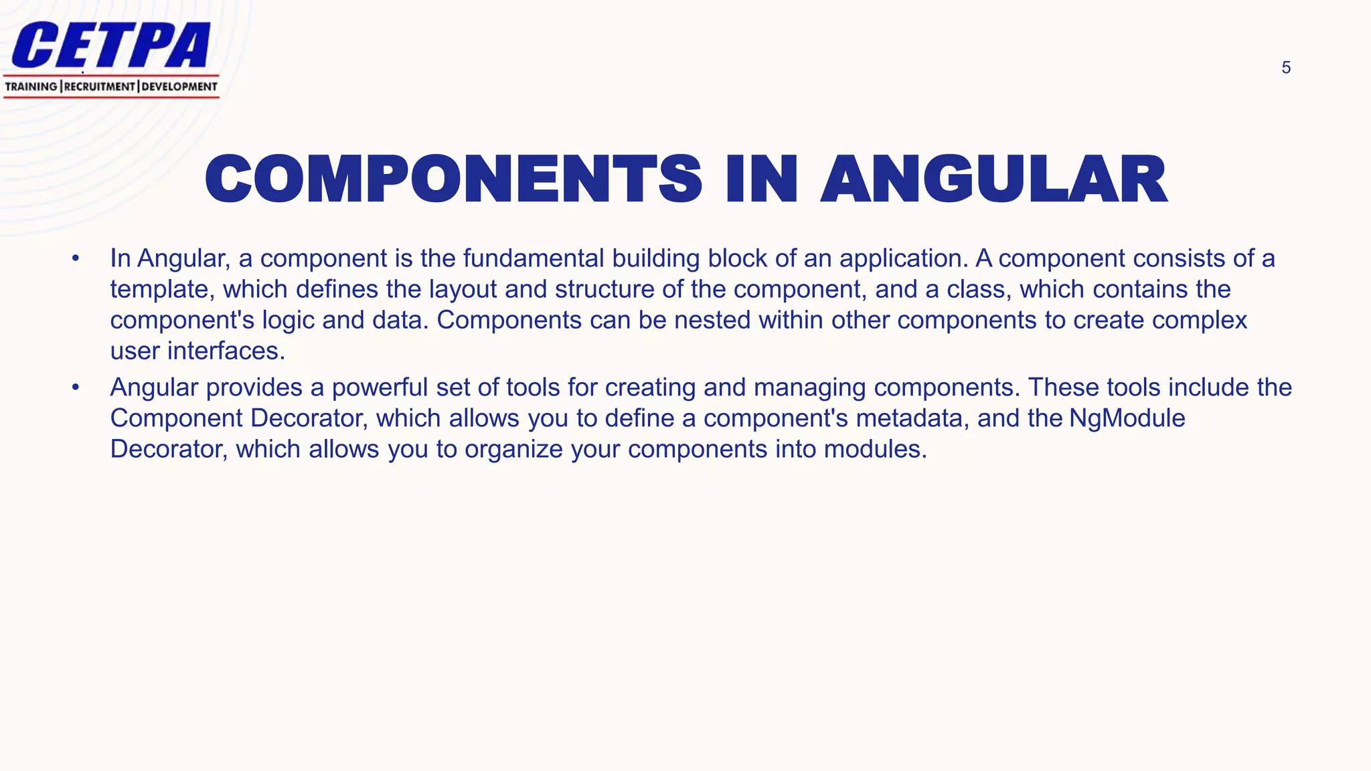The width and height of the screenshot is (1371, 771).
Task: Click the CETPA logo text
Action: [111, 46]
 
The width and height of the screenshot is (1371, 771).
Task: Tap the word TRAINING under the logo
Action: [31, 86]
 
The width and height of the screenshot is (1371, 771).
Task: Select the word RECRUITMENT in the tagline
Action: [100, 86]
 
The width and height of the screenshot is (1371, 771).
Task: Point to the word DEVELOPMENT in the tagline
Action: [179, 86]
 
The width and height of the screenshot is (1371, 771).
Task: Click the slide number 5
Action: [1286, 68]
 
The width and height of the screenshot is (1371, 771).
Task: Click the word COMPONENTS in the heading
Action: [453, 179]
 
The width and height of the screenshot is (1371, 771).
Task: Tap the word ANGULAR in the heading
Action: [994, 179]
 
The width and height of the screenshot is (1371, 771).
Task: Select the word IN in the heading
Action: [762, 179]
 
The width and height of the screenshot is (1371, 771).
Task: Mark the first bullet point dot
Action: [76, 258]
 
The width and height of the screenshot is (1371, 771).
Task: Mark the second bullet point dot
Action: [76, 388]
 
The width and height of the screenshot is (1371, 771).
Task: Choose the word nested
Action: [712, 320]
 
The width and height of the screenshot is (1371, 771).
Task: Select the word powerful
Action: [380, 388]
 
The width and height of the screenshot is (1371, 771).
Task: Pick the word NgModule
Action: [1127, 418]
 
